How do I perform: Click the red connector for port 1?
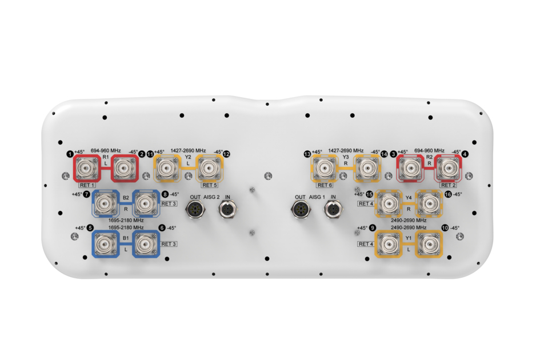[x=86, y=169]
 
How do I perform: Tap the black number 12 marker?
[x=226, y=154]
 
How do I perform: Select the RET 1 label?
[x=87, y=185]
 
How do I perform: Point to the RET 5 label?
[x=210, y=185]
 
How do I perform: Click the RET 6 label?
[x=325, y=185]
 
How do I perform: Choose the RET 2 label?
[x=448, y=185]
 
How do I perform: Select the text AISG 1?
[x=317, y=197]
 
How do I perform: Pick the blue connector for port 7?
[x=106, y=203]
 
